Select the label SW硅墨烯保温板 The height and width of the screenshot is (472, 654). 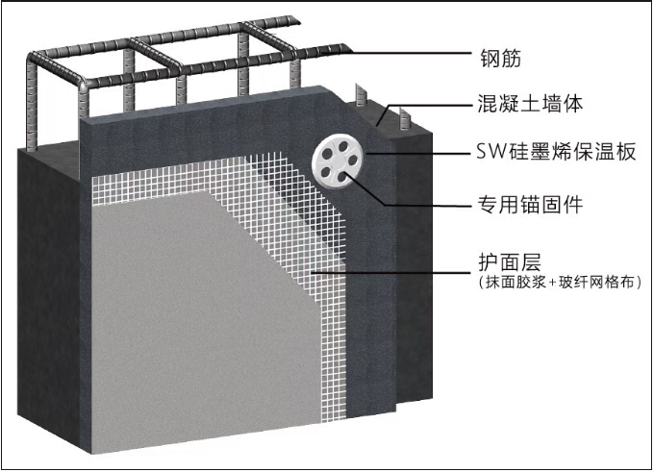coord(557,154)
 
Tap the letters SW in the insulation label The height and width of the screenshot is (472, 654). coord(490,154)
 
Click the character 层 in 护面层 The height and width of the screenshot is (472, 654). coord(534,261)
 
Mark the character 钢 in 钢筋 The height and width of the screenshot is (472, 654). coord(487,55)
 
